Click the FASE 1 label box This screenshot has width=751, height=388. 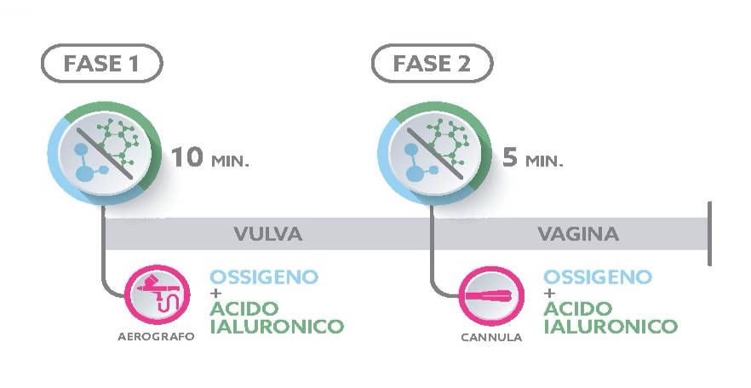[101, 64]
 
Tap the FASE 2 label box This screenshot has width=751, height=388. [433, 64]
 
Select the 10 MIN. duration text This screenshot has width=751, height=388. [210, 158]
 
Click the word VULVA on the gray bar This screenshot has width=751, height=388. [268, 233]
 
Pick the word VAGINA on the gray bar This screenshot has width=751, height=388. [577, 233]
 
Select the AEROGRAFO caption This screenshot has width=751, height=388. [156, 336]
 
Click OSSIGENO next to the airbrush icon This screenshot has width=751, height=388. [264, 277]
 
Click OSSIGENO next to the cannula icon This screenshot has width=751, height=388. [598, 277]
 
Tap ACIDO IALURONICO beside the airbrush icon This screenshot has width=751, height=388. [277, 317]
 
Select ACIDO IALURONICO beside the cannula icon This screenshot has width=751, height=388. [611, 317]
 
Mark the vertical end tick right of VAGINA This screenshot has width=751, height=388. [709, 233]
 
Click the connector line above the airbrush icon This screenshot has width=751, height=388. [104, 247]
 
